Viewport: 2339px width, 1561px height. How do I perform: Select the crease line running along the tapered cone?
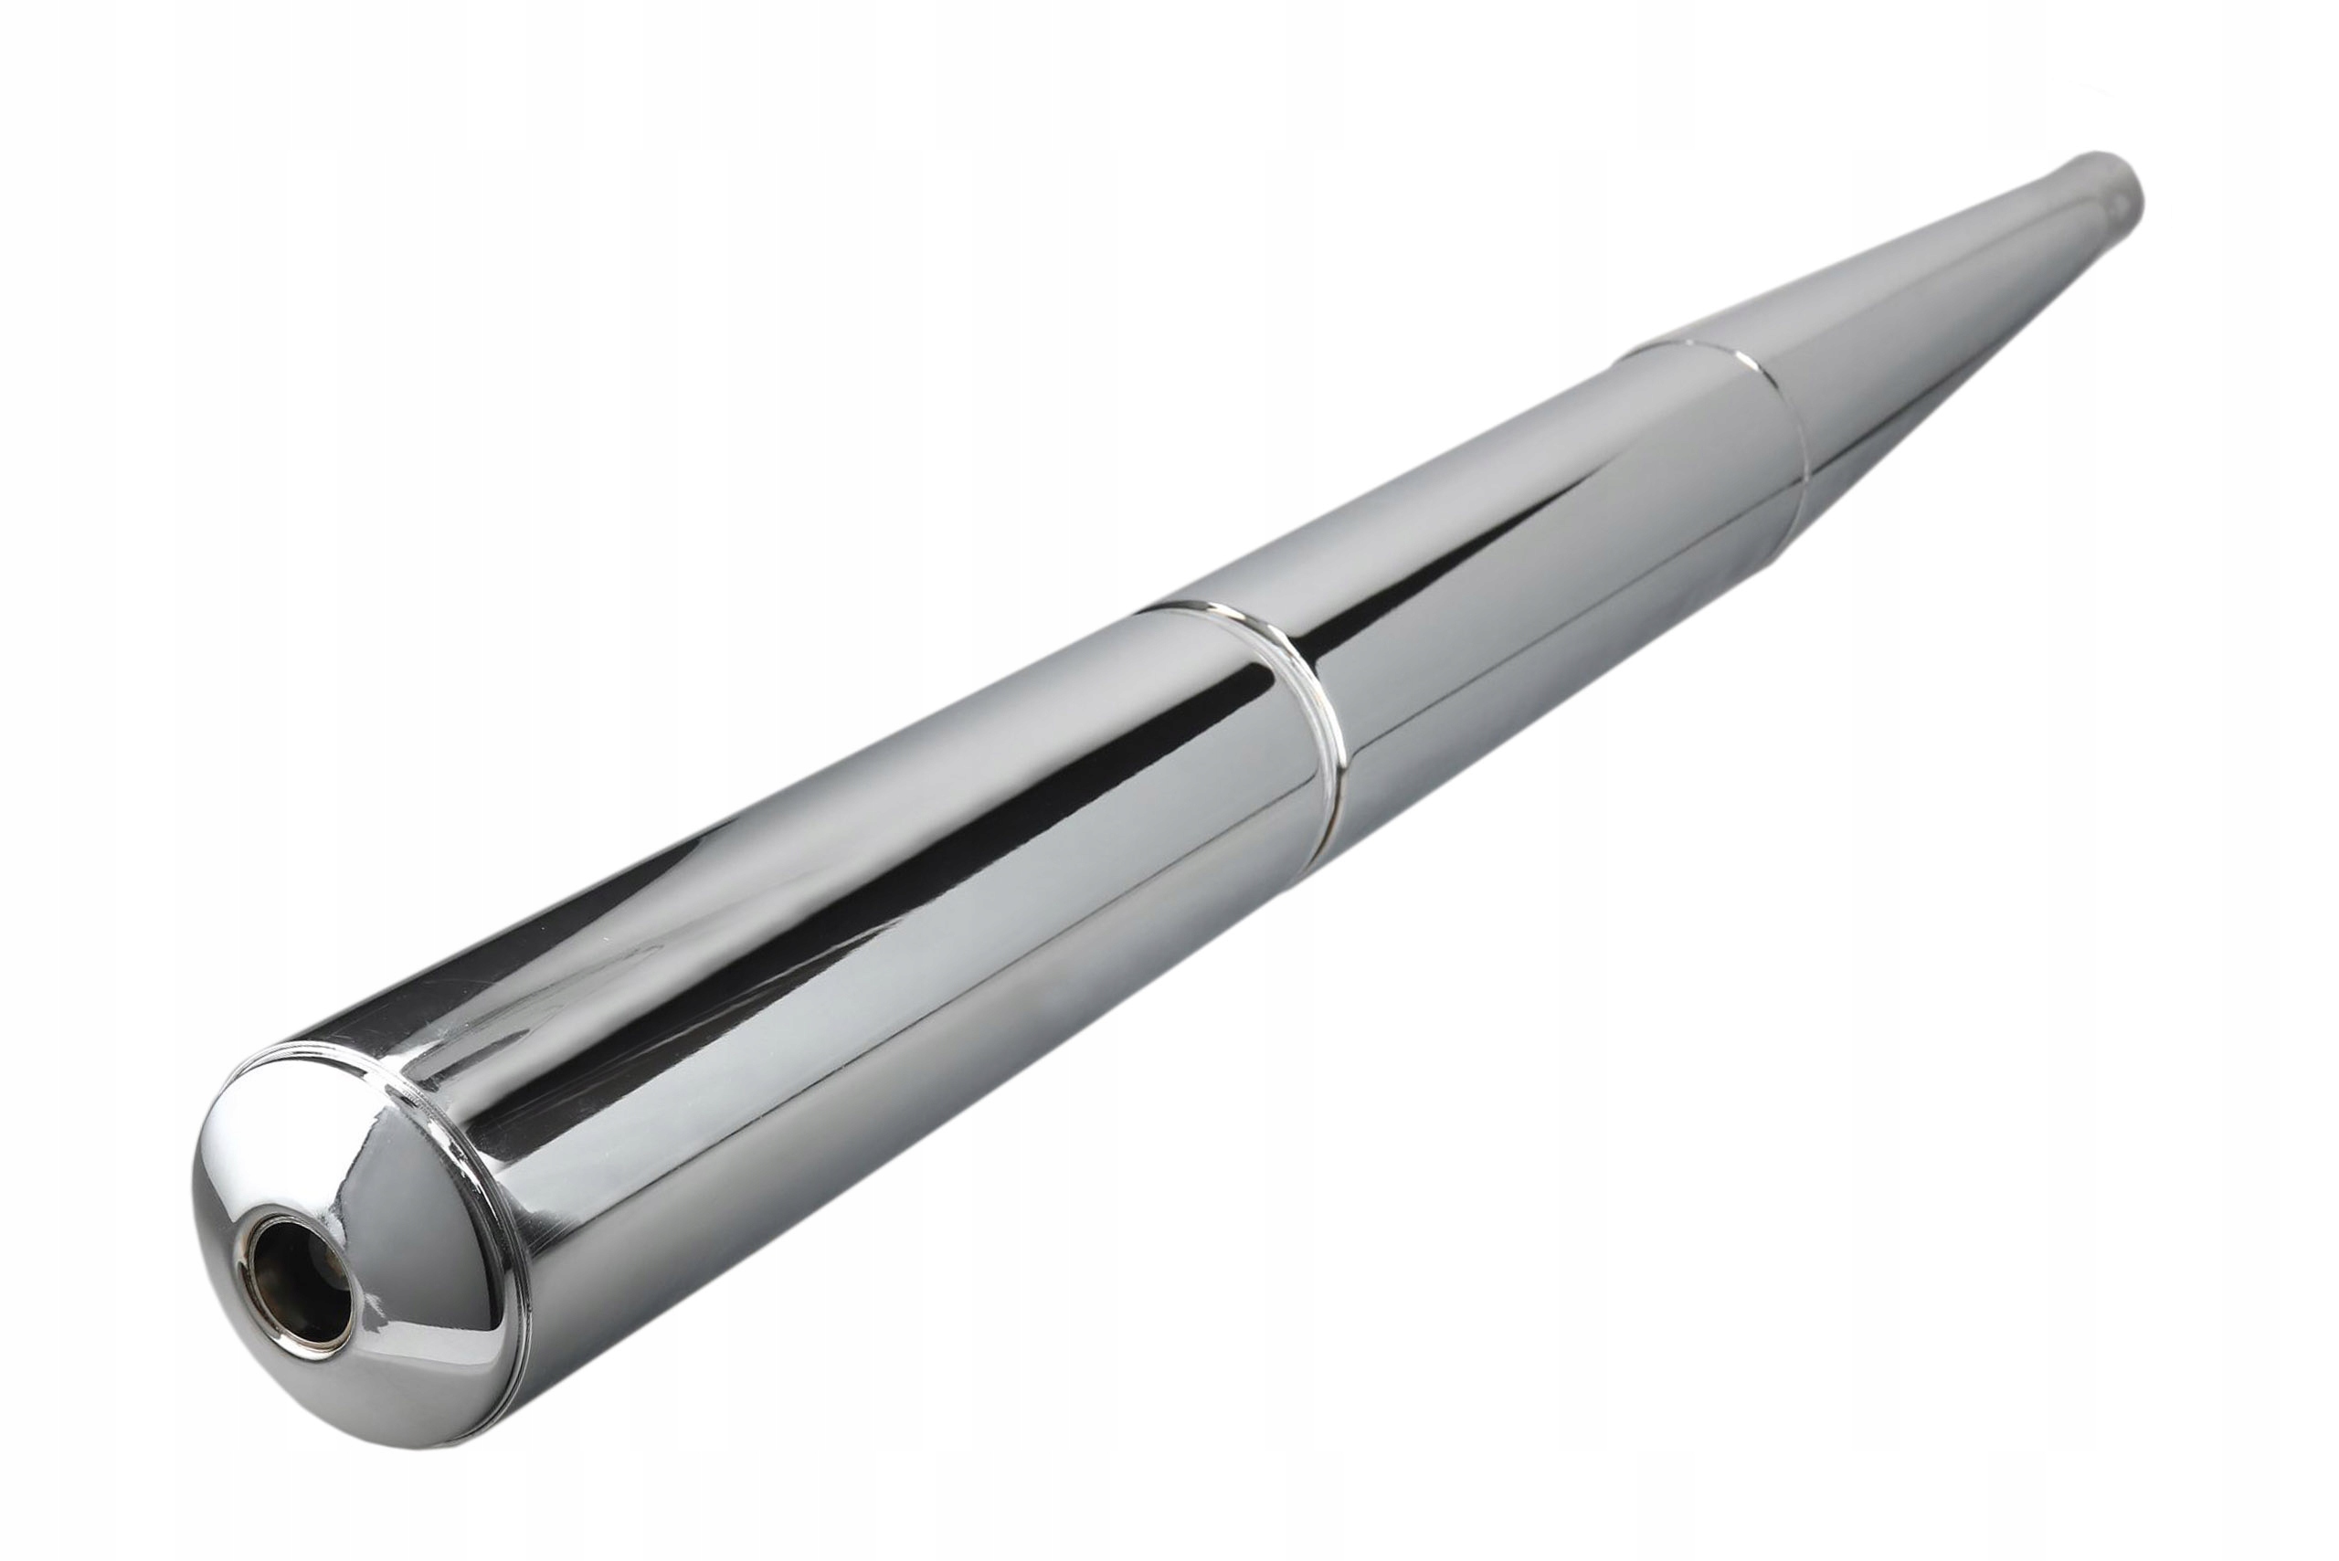tap(1992, 329)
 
